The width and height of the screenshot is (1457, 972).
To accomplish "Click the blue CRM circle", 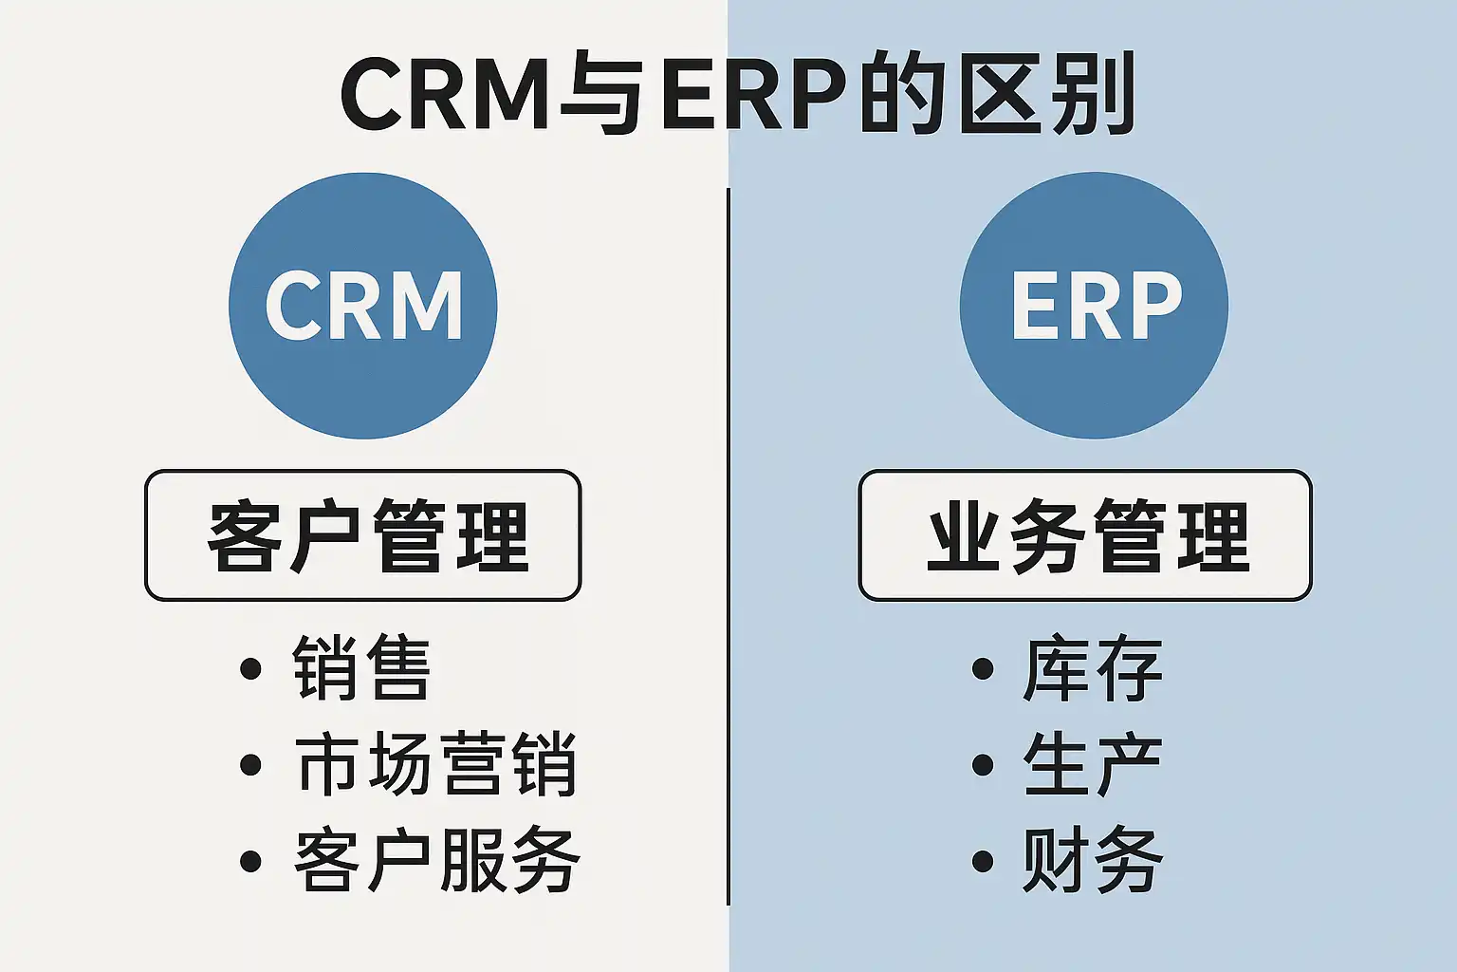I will pos(363,306).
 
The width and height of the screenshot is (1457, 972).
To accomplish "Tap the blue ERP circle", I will pos(1094,306).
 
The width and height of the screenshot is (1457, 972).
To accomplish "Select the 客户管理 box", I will pos(362,535).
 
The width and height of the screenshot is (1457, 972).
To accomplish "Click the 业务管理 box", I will pos(1085,535).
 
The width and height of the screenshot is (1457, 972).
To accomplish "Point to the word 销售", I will pos(361,668).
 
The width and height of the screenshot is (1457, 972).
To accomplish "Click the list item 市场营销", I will pos(435,764).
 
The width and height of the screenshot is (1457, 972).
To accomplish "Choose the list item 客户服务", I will pos(436,860).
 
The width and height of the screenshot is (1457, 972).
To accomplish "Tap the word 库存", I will pos(1093,668).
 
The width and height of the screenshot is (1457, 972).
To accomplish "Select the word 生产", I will pos(1093,764).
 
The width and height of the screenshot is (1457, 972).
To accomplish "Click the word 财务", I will pos(1093,860).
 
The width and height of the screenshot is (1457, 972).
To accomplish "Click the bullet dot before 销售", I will pos(250,668).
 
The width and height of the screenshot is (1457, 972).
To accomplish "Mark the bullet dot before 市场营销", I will pos(250,764).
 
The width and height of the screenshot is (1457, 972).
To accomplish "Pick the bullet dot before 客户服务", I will pos(250,861).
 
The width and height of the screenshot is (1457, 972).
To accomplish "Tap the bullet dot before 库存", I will pos(983,668).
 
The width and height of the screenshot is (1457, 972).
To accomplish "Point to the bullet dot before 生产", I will pos(983,764).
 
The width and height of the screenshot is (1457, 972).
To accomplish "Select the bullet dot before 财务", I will pos(983,861).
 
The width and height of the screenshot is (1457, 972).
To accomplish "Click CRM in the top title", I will pos(445,95).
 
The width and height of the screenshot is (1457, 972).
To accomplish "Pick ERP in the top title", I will pos(754,95).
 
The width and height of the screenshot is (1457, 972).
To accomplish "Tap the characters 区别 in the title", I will pos(1046,95).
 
